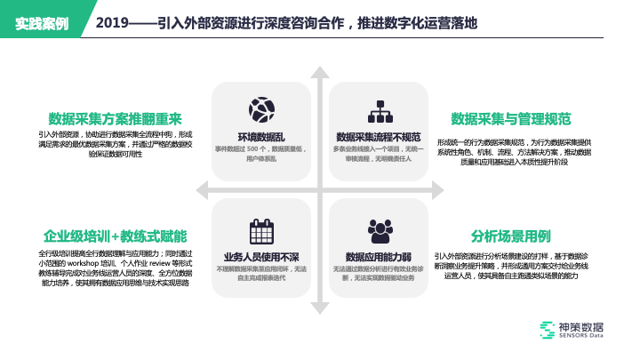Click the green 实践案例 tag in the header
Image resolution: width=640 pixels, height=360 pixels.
(42, 22)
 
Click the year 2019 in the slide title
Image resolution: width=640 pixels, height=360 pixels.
(112, 22)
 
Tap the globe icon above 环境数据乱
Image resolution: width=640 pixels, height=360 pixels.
(261, 109)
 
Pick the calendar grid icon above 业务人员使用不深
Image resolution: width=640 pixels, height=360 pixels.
(261, 231)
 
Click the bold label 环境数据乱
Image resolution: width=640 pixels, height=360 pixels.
(261, 137)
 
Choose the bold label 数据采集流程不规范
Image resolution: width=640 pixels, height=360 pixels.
(378, 137)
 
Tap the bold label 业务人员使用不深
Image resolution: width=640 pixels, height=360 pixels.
(261, 257)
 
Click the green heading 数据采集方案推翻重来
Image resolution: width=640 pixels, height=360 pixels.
(116, 119)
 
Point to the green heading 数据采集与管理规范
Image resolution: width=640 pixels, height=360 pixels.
(511, 119)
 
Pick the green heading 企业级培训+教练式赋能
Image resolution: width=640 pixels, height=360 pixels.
(116, 236)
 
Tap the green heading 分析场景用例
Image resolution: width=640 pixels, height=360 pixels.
(511, 236)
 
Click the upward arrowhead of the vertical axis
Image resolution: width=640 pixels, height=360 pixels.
(320, 62)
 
